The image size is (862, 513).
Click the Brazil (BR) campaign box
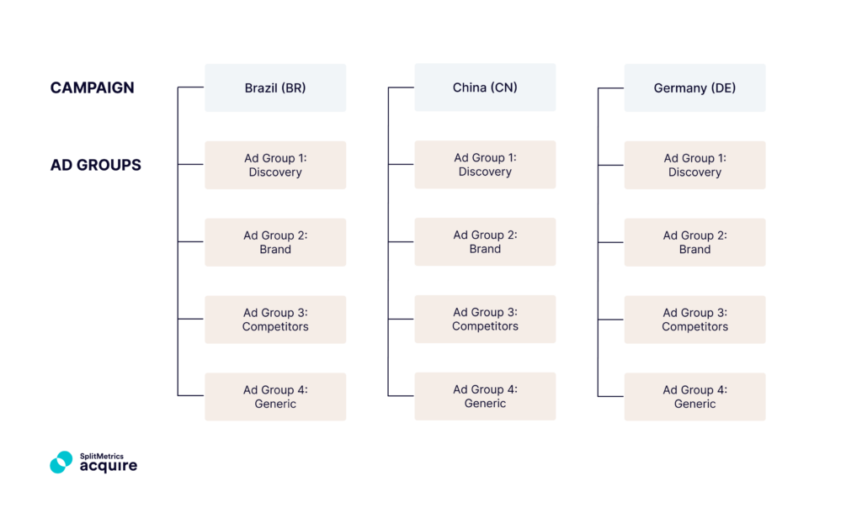click(275, 87)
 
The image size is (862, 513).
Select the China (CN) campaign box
click(485, 87)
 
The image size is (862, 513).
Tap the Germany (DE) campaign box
click(694, 87)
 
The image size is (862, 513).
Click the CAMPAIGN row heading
click(92, 87)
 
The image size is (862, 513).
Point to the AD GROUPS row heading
click(95, 165)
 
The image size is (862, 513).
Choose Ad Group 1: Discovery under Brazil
click(275, 165)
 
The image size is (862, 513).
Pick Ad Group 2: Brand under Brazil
click(275, 242)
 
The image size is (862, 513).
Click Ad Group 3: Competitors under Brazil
click(275, 320)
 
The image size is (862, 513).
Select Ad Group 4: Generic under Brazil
click(275, 397)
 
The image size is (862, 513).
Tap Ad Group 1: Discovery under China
click(485, 165)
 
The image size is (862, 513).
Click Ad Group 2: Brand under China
click(485, 242)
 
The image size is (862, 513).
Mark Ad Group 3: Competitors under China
click(485, 320)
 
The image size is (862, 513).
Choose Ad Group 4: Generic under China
click(485, 397)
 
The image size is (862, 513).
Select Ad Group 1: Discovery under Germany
click(694, 165)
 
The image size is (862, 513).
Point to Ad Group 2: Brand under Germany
click(694, 242)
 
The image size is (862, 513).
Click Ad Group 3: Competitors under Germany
click(694, 320)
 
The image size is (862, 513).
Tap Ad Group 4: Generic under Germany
click(694, 397)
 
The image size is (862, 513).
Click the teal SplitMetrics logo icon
click(61, 462)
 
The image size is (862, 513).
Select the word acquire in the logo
click(108, 466)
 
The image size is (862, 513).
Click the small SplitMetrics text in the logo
click(101, 456)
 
